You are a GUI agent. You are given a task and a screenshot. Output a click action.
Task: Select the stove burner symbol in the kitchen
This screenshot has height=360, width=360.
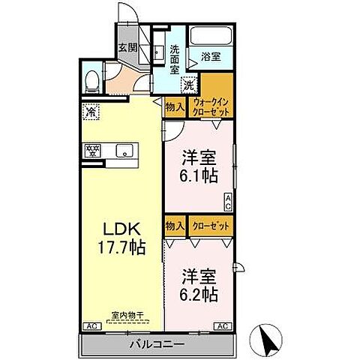[x=94, y=151]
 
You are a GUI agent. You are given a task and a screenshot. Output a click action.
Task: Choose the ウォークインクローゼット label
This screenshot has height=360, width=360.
[x=211, y=106]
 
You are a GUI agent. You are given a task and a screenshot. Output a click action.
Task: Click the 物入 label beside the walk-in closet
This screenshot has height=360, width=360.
[x=174, y=106]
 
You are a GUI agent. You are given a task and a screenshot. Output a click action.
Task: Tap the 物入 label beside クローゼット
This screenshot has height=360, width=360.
[x=174, y=226]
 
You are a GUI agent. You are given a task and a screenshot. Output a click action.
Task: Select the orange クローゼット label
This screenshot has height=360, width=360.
[x=208, y=226]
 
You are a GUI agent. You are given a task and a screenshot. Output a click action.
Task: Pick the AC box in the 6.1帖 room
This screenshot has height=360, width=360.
[x=229, y=201]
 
